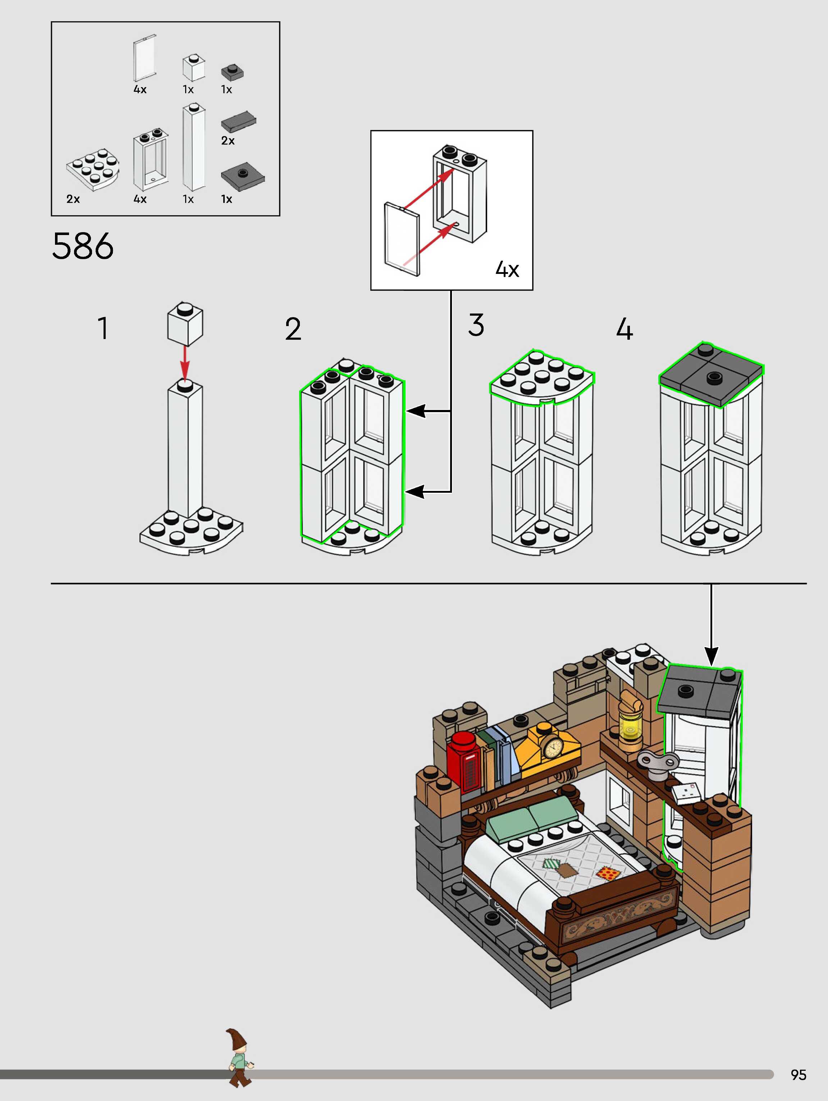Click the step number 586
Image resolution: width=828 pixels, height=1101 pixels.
pyautogui.click(x=83, y=246)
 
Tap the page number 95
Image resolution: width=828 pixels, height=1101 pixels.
pyautogui.click(x=798, y=1075)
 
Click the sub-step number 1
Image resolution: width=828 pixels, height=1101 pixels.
pyautogui.click(x=103, y=329)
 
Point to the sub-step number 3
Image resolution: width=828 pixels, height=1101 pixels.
pyautogui.click(x=476, y=325)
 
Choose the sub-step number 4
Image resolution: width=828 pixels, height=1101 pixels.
pyautogui.click(x=625, y=329)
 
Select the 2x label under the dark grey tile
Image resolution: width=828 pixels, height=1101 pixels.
pyautogui.click(x=228, y=141)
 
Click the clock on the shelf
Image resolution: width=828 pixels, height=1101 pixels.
pyautogui.click(x=552, y=746)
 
